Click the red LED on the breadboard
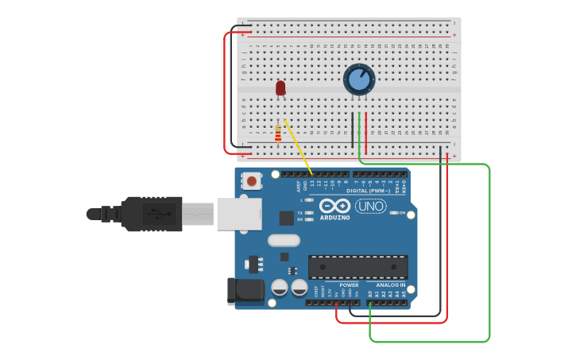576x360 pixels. click(280, 87)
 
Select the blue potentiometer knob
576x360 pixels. click(359, 79)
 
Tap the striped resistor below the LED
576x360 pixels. click(277, 133)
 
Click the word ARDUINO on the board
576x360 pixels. click(334, 217)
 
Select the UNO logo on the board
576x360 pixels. click(370, 206)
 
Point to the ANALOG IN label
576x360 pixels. click(390, 285)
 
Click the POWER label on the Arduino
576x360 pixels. click(349, 285)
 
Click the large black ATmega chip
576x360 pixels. click(358, 267)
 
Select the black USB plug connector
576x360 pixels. click(151, 214)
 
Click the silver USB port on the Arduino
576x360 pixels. click(239, 214)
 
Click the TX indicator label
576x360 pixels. click(300, 213)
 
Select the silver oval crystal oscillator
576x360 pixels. click(284, 240)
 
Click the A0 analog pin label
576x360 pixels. click(370, 294)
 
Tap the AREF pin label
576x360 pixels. click(300, 187)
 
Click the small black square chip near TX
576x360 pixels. click(286, 218)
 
